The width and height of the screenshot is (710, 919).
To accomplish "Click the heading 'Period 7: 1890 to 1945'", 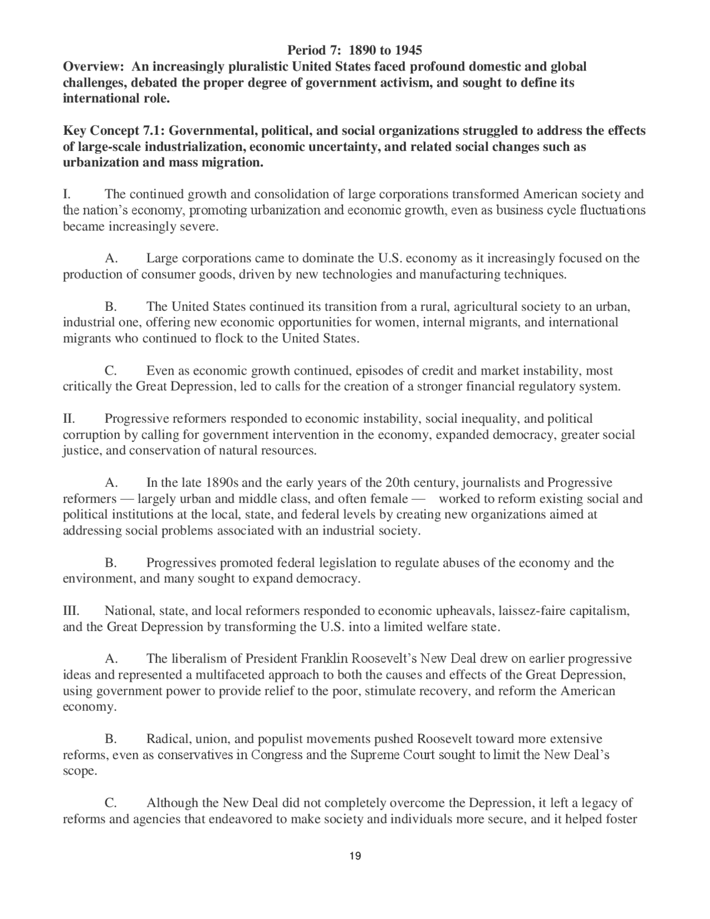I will pos(354,51).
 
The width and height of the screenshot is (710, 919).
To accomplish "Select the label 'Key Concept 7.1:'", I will pos(114,131).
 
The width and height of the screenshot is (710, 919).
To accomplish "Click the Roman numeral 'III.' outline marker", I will pos(71,611).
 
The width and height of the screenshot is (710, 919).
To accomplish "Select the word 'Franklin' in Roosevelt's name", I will pos(324,659).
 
